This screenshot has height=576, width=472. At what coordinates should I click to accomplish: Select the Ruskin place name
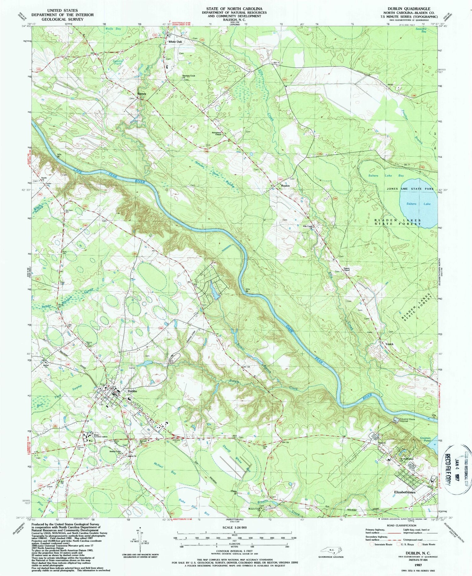[x=285, y=186]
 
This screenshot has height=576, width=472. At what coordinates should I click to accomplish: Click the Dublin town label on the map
[x=132, y=391]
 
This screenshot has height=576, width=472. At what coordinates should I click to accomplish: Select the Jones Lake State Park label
[x=410, y=189]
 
